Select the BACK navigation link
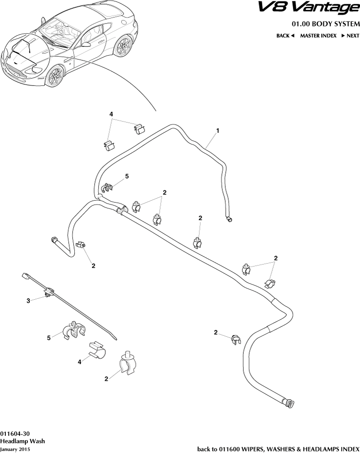click(285, 36)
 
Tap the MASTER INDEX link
click(318, 36)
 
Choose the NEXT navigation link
click(350, 36)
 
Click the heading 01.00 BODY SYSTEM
click(325, 24)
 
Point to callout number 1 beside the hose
click(217, 131)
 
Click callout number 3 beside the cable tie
click(28, 301)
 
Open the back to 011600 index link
click(278, 448)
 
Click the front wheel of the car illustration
click(55, 77)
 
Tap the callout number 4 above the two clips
click(111, 114)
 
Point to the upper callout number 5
click(127, 176)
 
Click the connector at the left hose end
click(54, 239)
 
